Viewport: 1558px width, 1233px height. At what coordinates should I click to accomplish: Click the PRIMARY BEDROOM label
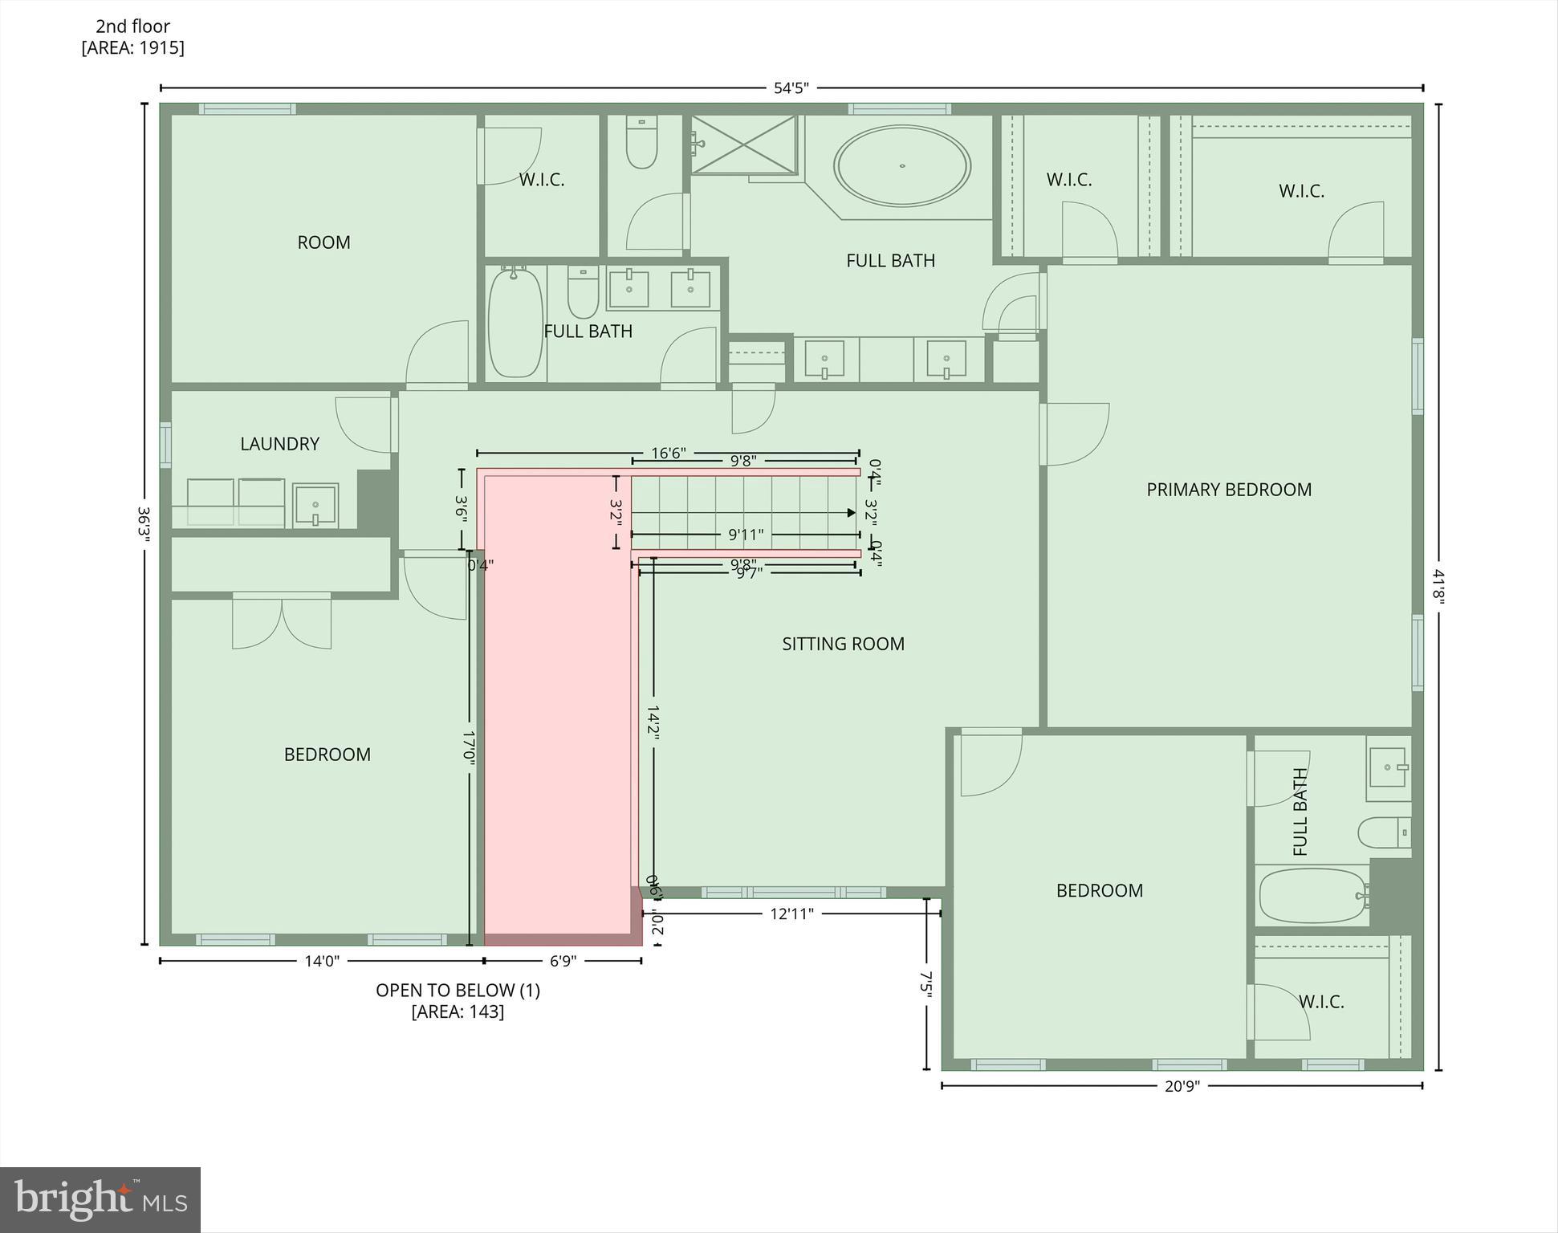(1228, 490)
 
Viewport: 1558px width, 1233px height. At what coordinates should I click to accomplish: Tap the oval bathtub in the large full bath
(901, 166)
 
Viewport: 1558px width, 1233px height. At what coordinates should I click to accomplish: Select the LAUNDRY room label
(279, 444)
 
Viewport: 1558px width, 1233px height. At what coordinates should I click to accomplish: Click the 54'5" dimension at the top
(791, 88)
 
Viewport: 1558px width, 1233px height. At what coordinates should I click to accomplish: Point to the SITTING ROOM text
(843, 644)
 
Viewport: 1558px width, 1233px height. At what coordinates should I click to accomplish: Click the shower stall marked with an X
(743, 144)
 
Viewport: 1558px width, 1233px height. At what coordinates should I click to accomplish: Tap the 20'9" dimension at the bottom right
(1182, 1086)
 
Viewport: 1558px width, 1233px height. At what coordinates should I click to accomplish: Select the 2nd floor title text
(132, 26)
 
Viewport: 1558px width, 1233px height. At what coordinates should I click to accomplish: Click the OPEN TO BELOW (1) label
(458, 991)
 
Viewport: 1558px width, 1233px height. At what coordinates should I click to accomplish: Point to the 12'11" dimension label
(791, 914)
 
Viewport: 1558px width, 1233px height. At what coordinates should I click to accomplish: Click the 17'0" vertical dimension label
(469, 747)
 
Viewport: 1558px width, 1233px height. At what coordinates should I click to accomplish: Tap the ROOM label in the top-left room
(323, 242)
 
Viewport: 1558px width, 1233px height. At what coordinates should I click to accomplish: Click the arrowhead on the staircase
(850, 512)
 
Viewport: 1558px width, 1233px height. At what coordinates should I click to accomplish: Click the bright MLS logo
(100, 1200)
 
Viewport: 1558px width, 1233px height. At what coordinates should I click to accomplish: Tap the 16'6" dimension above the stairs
(668, 454)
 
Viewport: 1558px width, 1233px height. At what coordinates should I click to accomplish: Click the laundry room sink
(315, 505)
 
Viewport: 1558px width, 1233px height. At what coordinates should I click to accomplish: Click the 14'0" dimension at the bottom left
(322, 961)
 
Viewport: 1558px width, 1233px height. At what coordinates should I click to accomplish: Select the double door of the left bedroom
(282, 622)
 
